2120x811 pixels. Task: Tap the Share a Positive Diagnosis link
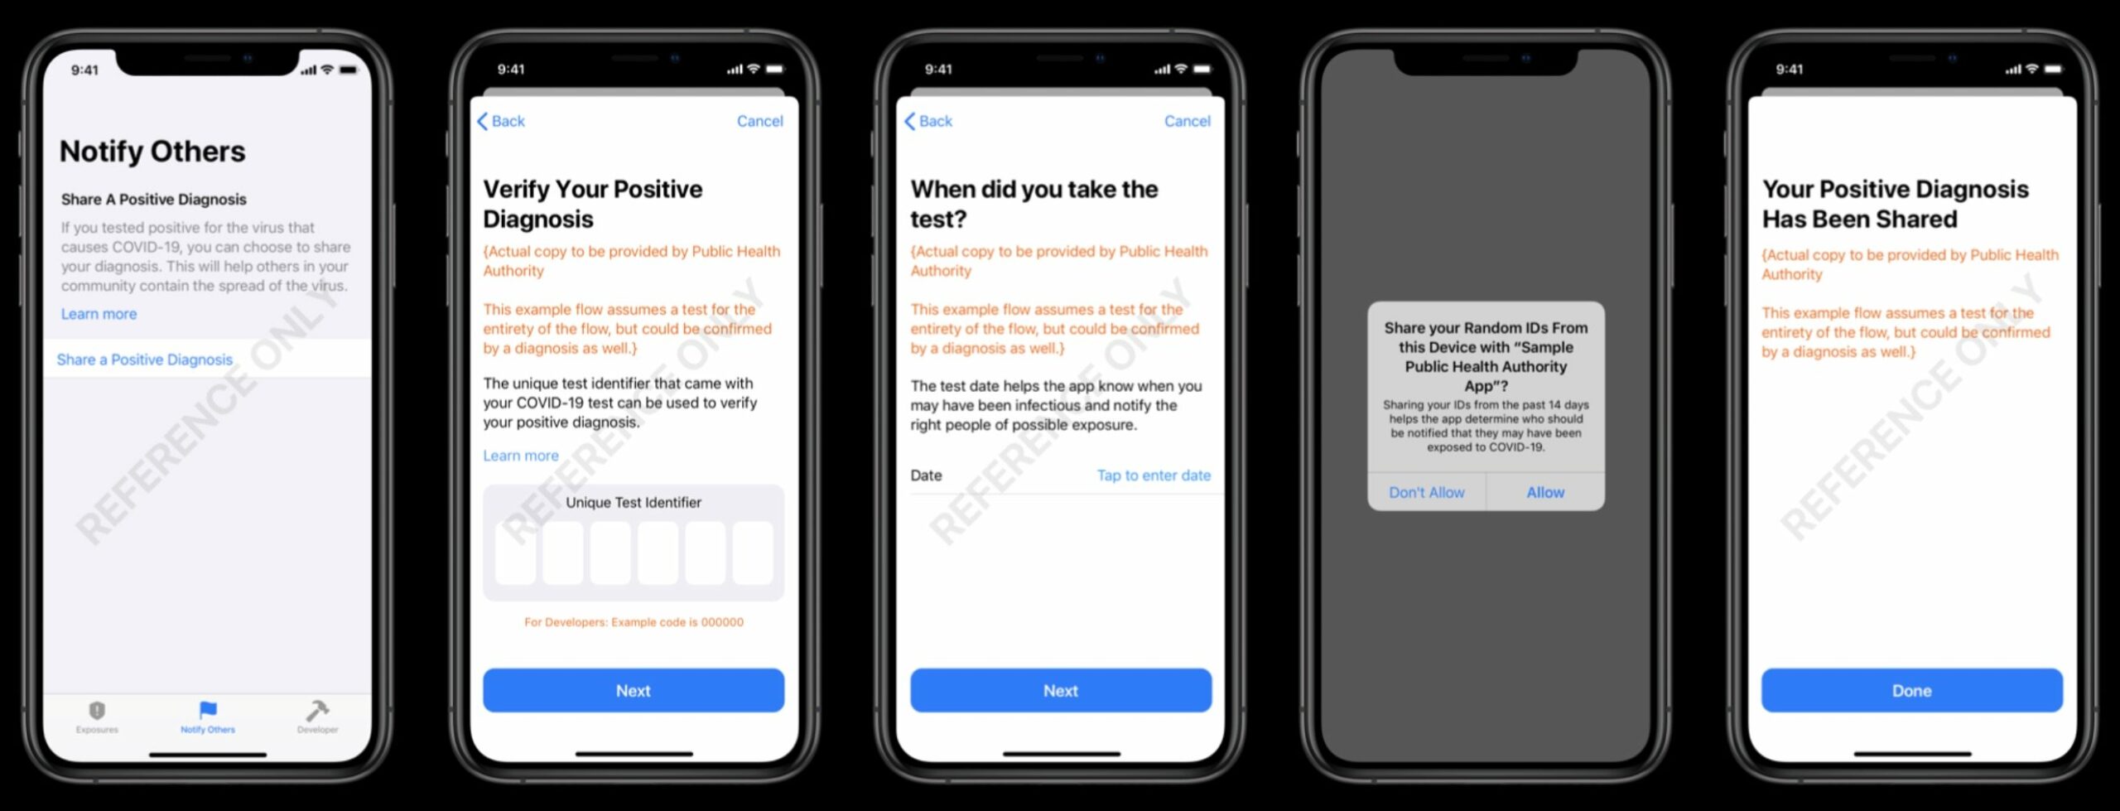145,360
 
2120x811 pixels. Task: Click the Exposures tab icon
97,710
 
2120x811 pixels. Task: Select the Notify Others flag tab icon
208,710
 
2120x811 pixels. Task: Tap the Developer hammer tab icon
317,710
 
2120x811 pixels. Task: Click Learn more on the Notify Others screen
99,314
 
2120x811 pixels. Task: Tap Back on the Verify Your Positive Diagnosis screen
501,121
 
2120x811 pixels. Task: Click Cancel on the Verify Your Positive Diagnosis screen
759,121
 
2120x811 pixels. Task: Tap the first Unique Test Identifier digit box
515,553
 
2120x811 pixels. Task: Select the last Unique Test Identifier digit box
753,553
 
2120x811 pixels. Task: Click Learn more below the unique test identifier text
521,456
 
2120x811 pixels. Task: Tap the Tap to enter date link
1154,475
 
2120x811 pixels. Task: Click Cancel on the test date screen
1187,121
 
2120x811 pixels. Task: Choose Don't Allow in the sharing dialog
1426,492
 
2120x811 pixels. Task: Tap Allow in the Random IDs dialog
1545,492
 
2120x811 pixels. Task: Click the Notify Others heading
152,152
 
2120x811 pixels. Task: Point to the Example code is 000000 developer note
634,622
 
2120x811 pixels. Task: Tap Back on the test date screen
928,121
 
